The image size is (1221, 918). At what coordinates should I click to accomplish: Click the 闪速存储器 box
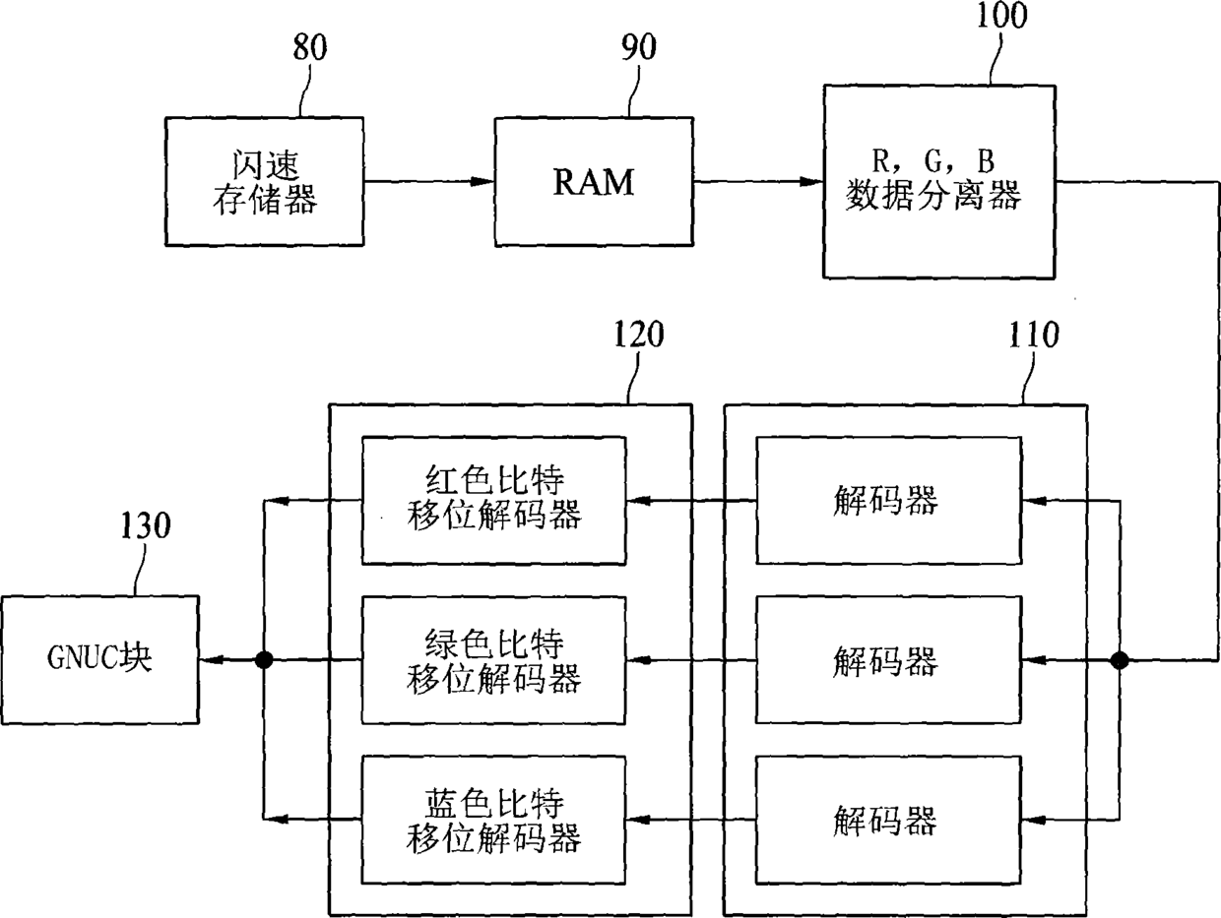[x=264, y=181]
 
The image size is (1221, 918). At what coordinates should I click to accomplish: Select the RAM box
[x=594, y=181]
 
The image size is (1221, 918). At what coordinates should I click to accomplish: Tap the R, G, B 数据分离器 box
[x=939, y=181]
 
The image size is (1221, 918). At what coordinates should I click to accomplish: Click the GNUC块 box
[x=100, y=659]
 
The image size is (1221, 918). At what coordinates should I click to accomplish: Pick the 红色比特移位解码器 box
[x=494, y=501]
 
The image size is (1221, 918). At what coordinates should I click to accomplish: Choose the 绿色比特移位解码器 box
[x=494, y=660]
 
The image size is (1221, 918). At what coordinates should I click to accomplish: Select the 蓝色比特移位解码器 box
[x=494, y=820]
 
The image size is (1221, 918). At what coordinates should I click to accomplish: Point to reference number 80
[x=310, y=47]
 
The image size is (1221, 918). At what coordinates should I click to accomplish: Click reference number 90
[x=639, y=47]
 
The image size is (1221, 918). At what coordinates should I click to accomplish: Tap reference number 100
[x=1001, y=15]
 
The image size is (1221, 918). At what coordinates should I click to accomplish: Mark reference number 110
[x=1034, y=335]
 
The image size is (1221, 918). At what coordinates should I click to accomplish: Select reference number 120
[x=639, y=335]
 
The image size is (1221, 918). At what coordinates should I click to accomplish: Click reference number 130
[x=146, y=525]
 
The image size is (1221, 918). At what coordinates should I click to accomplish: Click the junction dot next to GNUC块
[x=264, y=660]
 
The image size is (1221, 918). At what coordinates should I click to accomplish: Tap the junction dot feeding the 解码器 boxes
[x=1120, y=661]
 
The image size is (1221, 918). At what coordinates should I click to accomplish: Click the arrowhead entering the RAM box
[x=482, y=181]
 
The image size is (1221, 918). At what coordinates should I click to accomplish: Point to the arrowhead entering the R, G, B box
[x=810, y=181]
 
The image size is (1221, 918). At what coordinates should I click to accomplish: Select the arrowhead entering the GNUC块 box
[x=212, y=660]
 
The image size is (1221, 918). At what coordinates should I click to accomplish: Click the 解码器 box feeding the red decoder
[x=888, y=500]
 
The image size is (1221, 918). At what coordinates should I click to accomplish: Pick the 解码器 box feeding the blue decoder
[x=888, y=820]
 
